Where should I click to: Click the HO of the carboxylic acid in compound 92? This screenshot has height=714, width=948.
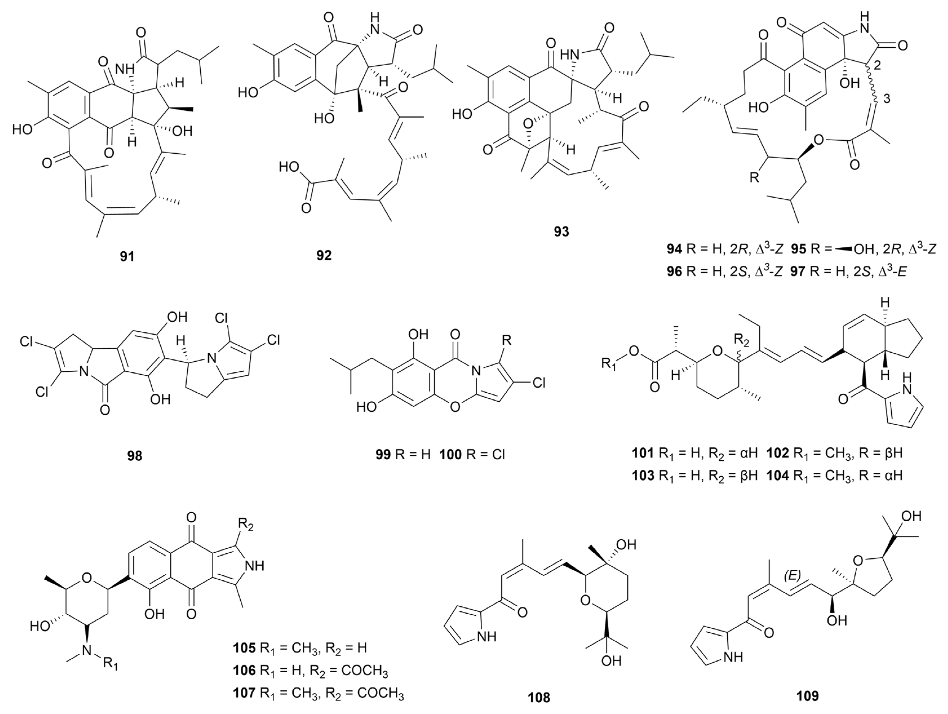[290, 167]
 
